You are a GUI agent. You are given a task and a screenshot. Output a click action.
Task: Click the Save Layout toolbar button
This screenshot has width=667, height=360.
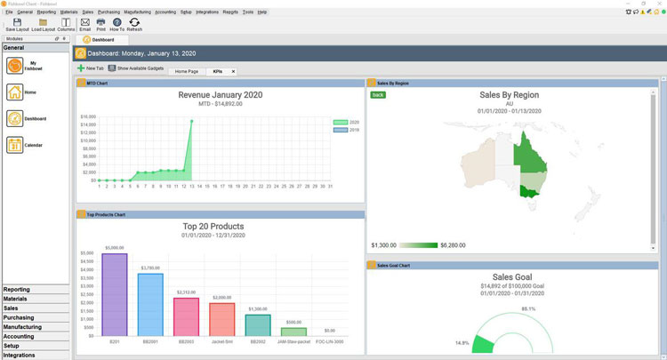17,23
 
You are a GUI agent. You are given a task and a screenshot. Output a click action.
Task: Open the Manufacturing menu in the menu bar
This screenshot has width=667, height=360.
138,12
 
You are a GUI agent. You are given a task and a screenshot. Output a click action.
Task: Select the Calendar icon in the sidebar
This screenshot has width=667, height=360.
15,145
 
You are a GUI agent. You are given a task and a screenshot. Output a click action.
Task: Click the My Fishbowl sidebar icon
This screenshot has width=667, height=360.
15,65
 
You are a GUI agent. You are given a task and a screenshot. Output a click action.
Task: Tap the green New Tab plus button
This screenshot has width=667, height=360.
81,68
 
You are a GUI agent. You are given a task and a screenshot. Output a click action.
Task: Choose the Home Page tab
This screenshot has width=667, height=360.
187,71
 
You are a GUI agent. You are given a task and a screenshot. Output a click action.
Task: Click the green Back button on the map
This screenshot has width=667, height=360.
378,93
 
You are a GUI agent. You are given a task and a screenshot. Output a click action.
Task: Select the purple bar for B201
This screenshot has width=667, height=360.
115,294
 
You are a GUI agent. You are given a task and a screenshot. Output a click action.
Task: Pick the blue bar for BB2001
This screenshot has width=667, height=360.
150,304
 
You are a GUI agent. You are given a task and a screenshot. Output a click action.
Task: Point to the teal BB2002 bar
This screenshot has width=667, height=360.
258,324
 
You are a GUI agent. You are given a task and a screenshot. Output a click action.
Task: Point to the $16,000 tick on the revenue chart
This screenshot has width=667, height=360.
88,116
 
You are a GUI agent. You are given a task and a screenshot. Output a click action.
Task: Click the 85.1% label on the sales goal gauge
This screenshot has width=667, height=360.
528,308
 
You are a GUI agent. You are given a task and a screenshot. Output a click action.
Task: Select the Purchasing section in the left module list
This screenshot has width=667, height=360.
19,317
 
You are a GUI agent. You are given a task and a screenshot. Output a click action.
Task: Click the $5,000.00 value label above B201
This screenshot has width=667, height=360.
115,248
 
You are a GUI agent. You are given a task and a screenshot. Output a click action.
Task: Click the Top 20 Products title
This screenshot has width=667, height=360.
213,227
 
